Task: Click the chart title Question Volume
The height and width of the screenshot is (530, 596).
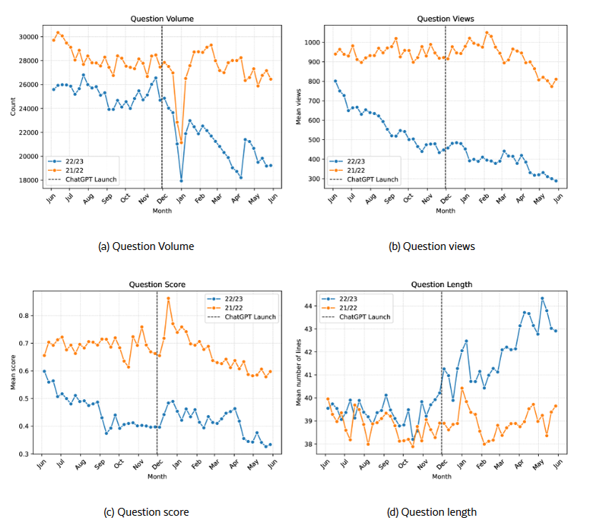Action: tap(162, 19)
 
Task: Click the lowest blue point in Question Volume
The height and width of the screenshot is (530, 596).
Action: tap(181, 180)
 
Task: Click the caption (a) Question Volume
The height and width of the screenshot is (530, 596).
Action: tap(146, 246)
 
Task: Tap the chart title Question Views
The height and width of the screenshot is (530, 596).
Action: tap(446, 19)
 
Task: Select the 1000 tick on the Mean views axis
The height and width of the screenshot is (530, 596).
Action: tap(314, 42)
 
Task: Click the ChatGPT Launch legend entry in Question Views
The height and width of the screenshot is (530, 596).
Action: tap(371, 179)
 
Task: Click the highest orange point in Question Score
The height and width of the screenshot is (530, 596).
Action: tap(169, 299)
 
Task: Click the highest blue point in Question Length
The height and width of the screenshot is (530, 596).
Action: tap(542, 299)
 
